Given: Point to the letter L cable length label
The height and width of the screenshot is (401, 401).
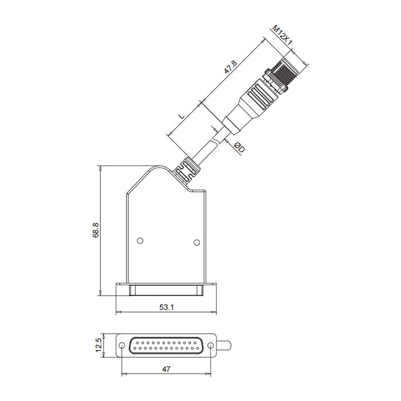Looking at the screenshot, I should (182, 115).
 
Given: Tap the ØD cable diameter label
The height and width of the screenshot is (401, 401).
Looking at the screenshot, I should (239, 148).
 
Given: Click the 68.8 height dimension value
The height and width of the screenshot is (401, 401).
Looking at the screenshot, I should (96, 230).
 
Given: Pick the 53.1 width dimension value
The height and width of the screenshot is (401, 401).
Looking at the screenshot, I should (166, 308).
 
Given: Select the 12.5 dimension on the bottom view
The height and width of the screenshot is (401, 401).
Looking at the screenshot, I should (98, 345).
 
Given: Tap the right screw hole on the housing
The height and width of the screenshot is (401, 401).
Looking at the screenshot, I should (196, 242).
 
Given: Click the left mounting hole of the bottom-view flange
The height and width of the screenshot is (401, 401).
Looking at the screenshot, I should (123, 346).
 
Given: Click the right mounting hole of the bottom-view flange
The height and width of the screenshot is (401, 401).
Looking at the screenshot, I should (210, 346).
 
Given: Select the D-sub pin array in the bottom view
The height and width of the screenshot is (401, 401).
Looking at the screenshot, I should (166, 346).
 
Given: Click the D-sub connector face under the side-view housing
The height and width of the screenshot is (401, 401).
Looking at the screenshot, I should (167, 290).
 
